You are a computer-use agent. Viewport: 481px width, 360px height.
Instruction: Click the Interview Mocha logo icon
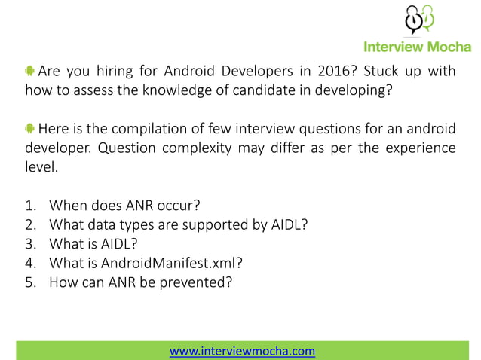[418, 20]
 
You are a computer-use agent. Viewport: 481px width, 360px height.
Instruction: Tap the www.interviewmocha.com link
[241, 351]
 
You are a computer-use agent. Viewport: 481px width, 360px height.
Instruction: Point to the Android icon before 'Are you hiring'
[29, 72]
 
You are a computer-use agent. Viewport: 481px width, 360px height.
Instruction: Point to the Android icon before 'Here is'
[29, 126]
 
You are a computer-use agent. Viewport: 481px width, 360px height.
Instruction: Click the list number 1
[31, 205]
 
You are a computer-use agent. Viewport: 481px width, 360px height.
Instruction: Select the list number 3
[31, 244]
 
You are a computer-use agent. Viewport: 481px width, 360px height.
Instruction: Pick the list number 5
[31, 283]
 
